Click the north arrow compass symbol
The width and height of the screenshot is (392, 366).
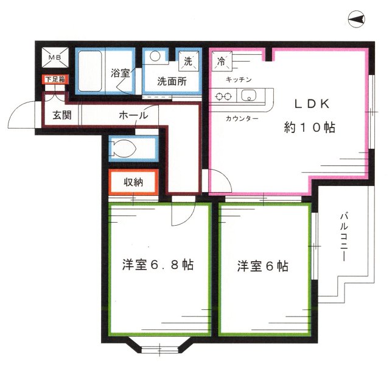357,20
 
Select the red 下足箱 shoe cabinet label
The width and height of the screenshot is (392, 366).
54,79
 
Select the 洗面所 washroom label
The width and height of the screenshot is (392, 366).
172,81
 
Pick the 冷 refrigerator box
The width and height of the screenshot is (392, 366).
222,61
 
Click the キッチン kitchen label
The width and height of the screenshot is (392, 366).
239,80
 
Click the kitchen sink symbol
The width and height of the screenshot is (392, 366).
249,96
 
